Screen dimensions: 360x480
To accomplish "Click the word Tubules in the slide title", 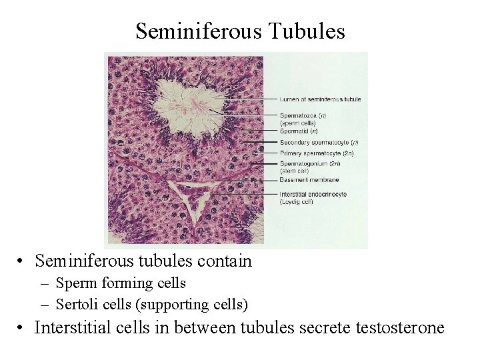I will pyautogui.click(x=312, y=31).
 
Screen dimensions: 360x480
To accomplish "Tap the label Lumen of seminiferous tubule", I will pyautogui.click(x=320, y=99).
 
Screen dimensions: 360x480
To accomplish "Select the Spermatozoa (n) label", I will pyautogui.click(x=303, y=116).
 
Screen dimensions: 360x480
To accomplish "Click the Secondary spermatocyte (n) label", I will pyautogui.click(x=319, y=142).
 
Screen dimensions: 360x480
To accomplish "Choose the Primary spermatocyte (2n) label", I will pyautogui.click(x=317, y=153).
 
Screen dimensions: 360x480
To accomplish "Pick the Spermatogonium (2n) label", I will pyautogui.click(x=310, y=163).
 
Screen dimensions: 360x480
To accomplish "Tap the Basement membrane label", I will pyautogui.click(x=309, y=180).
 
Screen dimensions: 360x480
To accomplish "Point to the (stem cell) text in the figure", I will pyautogui.click(x=295, y=171).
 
